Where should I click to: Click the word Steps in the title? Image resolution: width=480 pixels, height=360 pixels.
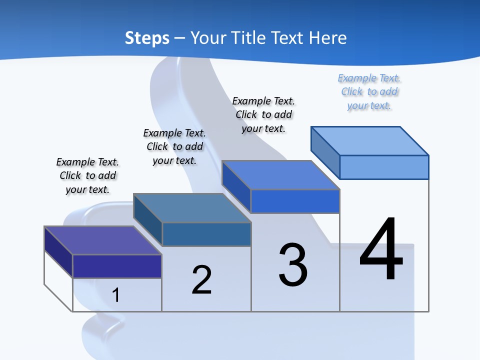point(147,38)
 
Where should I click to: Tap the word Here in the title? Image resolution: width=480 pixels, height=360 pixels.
point(327,38)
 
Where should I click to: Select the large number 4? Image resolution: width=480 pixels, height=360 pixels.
point(381,250)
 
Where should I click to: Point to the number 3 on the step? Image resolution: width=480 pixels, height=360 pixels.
point(293,265)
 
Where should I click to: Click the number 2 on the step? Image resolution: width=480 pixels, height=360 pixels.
point(201,280)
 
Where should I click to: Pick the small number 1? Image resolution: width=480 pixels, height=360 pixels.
point(116,295)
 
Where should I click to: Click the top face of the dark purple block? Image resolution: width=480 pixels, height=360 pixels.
point(103,240)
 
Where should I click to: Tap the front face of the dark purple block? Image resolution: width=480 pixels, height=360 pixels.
point(117,266)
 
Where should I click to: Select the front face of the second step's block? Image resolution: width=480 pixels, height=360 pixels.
point(206,234)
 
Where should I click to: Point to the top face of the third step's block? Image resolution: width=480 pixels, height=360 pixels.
point(280,175)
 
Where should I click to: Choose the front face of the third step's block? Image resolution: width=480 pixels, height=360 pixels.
point(295,201)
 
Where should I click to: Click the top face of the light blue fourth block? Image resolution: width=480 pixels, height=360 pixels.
point(369,141)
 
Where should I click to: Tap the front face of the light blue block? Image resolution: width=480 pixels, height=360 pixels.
point(384,167)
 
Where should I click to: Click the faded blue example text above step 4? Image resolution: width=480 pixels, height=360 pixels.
point(369,92)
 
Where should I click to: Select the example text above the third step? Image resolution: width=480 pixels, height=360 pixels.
point(264,115)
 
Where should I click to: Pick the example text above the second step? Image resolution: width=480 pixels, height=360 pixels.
point(174,146)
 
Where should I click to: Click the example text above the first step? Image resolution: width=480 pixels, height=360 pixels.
point(87,175)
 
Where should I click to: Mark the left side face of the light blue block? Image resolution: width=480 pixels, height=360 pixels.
point(325,152)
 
